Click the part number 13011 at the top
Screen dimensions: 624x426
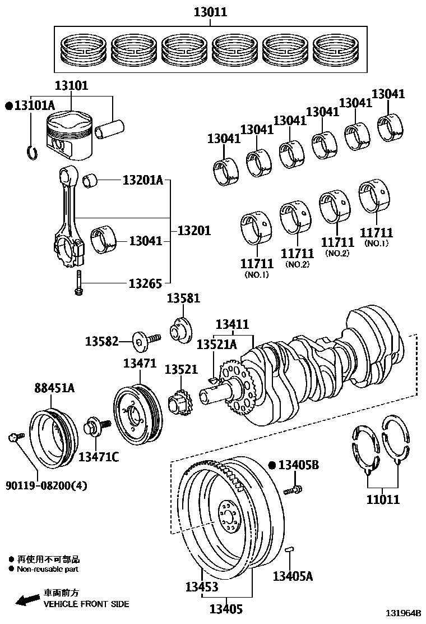point(211,12)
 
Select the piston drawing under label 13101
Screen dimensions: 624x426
point(68,134)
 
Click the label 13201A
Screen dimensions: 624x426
point(142,180)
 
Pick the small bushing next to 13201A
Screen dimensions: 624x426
point(91,181)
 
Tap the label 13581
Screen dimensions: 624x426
point(183,298)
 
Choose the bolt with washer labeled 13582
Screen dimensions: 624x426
point(145,340)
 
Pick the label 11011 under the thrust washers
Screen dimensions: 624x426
point(383,499)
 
